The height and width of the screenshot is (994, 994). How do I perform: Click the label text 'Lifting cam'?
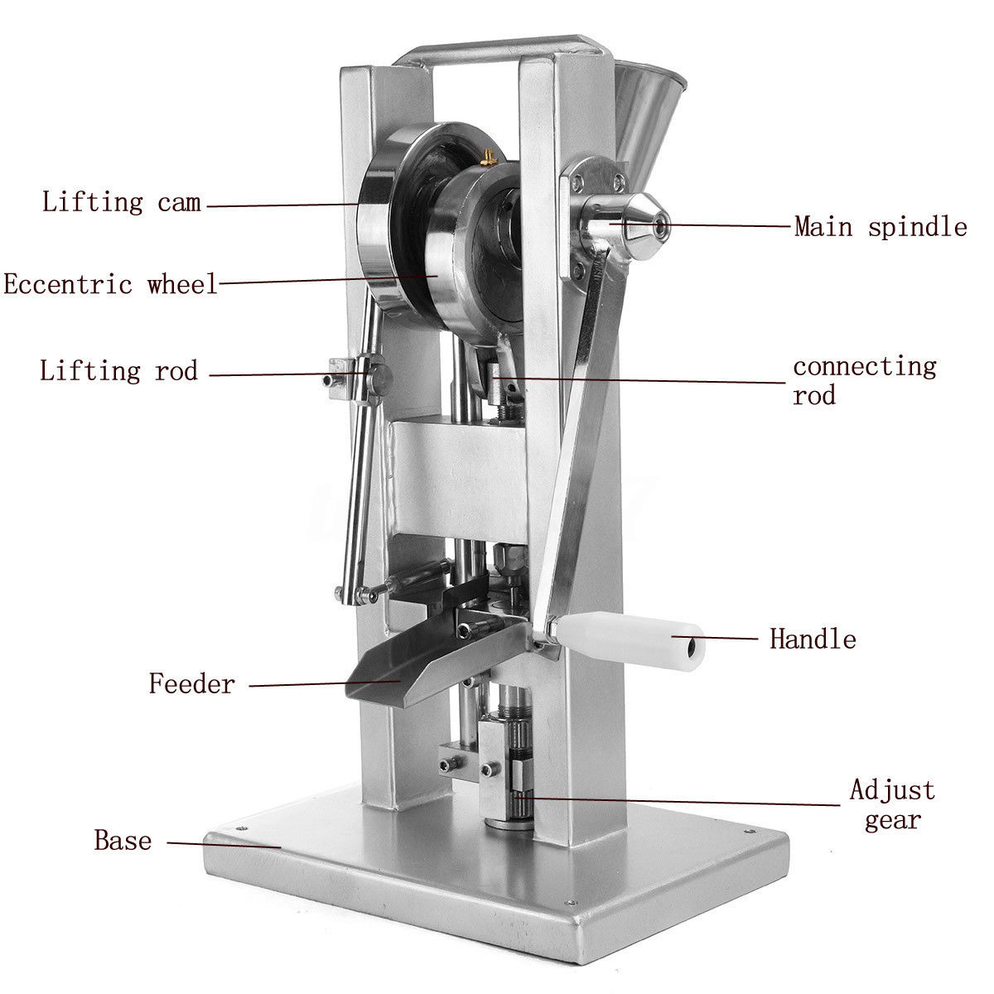pos(121,201)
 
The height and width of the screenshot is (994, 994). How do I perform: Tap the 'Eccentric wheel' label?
pos(110,284)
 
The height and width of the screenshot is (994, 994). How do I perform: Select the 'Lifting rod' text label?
pos(118,370)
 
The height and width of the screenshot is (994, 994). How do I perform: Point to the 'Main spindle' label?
pos(881,227)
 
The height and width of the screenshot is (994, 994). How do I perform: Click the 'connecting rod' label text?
pos(865,381)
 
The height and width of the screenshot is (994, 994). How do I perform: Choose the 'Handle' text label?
pos(813,639)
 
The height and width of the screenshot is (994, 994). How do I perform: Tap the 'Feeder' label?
pos(192,684)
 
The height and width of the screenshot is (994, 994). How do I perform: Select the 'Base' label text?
pos(123,840)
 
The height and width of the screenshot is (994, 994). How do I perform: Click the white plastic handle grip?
pos(630,641)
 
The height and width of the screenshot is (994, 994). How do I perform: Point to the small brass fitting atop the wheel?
pos(488,157)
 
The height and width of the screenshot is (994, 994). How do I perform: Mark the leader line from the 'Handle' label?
pos(714,638)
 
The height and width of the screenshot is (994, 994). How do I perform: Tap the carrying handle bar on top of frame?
pos(503,50)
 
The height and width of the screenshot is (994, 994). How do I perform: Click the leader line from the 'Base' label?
pos(224,844)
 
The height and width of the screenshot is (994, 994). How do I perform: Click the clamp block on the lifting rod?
pos(356,380)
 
